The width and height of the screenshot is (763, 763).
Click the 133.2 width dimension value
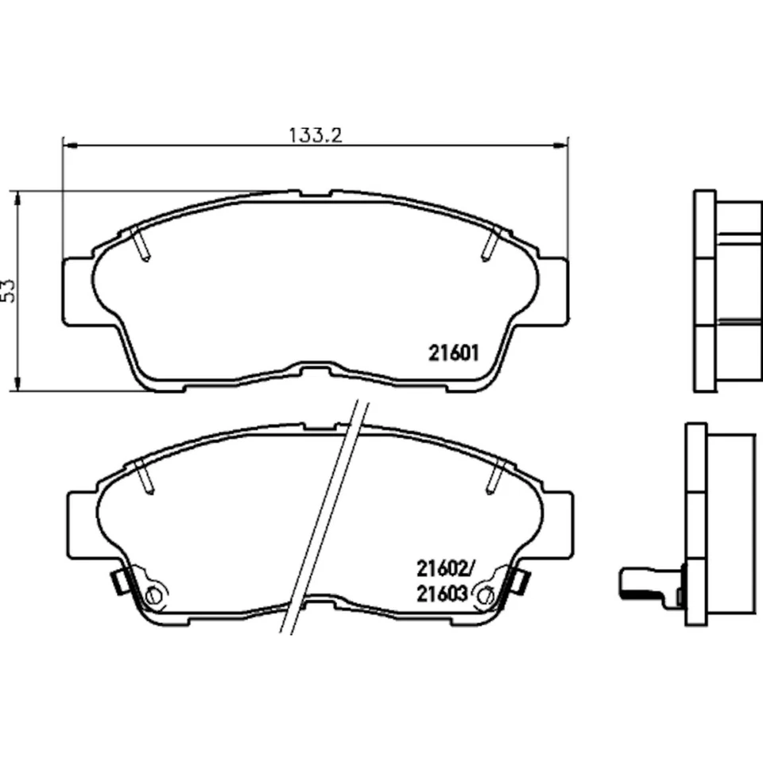(316, 135)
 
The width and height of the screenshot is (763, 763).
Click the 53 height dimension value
(10, 290)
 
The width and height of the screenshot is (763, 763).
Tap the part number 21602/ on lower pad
(444, 568)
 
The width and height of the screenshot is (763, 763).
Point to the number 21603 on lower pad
(441, 593)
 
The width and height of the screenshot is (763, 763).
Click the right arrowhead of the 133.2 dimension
(564, 145)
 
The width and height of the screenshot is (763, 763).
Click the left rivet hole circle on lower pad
(154, 595)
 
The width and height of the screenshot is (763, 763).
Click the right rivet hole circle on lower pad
(482, 593)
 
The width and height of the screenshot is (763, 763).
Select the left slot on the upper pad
(141, 242)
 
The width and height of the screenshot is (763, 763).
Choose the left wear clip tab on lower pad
(118, 583)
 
